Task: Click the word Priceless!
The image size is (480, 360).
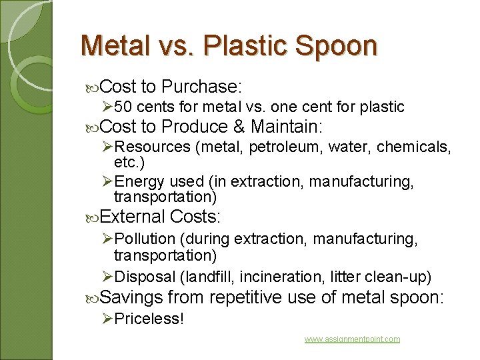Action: coord(149,319)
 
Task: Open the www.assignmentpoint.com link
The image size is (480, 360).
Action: coord(352,339)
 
